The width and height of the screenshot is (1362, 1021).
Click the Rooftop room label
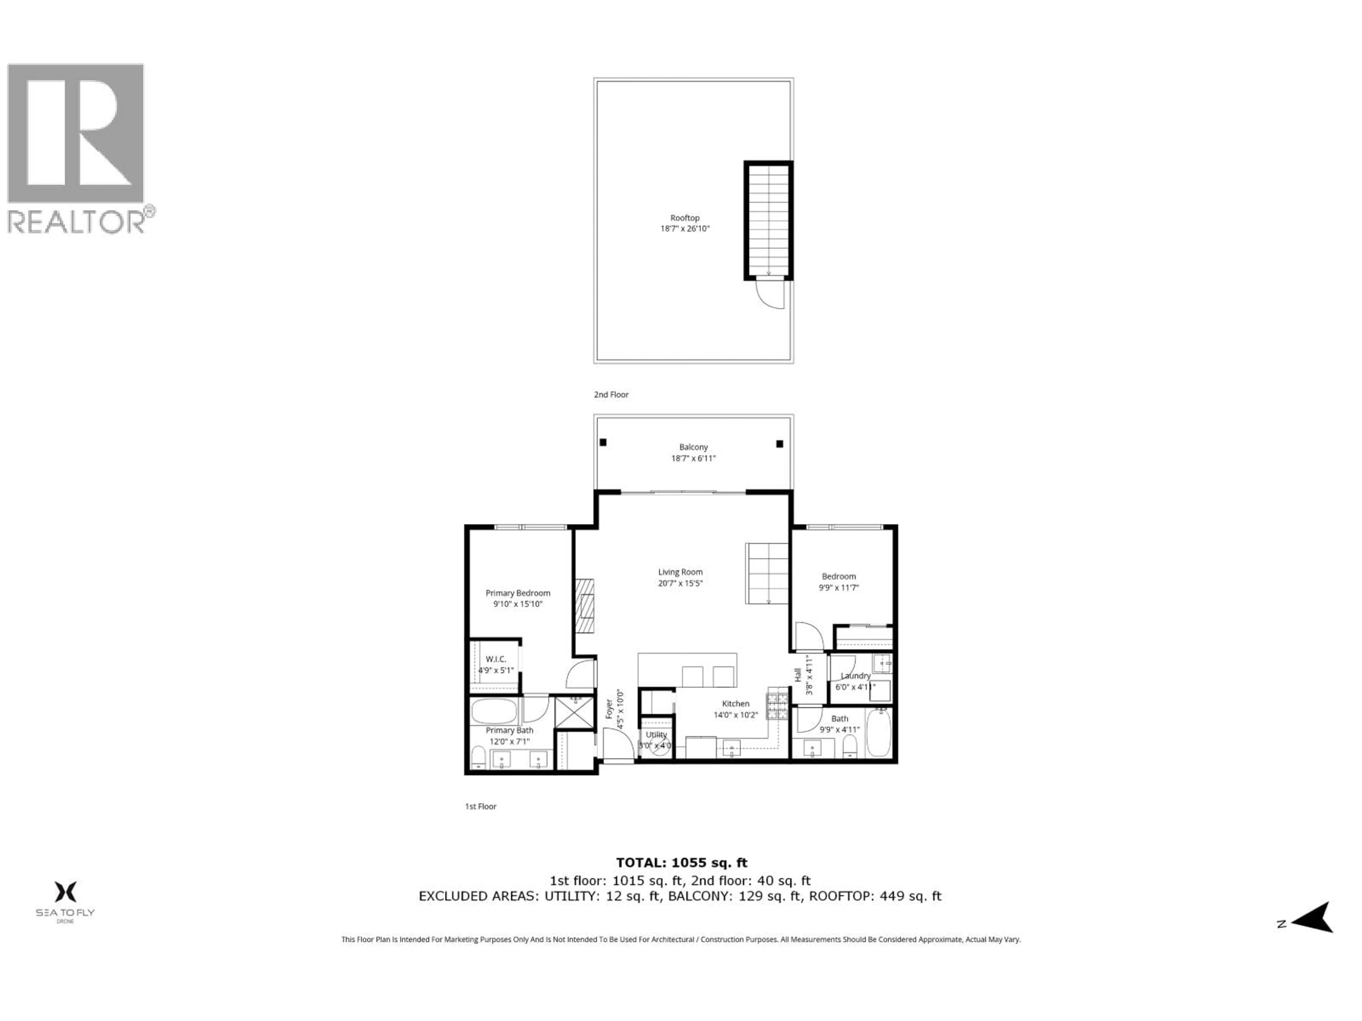click(x=685, y=218)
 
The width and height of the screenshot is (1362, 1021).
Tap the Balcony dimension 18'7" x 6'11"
click(x=693, y=458)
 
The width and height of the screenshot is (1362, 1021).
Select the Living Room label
click(x=680, y=572)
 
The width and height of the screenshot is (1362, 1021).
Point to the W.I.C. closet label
click(x=495, y=659)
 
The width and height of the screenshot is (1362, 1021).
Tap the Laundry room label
click(x=855, y=676)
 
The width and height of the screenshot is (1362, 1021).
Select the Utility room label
click(x=656, y=734)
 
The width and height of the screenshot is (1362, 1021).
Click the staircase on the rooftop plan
click(x=768, y=220)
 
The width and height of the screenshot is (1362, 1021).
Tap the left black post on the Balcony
click(x=603, y=442)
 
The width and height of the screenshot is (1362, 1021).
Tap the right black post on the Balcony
click(x=780, y=444)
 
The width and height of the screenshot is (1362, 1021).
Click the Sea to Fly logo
click(x=65, y=899)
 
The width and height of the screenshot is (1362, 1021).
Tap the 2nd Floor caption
click(x=611, y=395)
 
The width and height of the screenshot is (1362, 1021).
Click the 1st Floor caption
click(x=480, y=806)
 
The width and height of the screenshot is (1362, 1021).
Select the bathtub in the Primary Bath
click(x=494, y=711)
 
